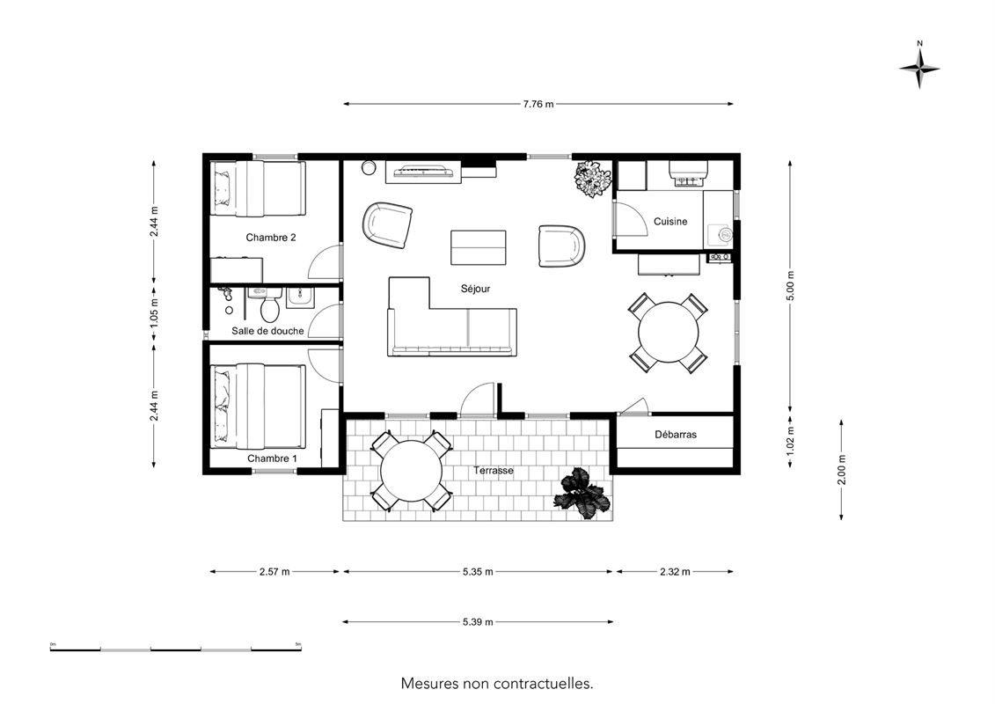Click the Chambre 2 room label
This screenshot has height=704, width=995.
pyautogui.click(x=271, y=238)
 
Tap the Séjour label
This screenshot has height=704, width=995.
pyautogui.click(x=475, y=289)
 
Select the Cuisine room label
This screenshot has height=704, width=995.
pyautogui.click(x=670, y=222)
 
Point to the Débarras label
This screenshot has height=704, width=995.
pyautogui.click(x=675, y=435)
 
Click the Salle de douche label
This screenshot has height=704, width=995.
pyautogui.click(x=267, y=331)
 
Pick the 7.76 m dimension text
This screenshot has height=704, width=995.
pyautogui.click(x=538, y=105)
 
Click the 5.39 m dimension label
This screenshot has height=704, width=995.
pyautogui.click(x=478, y=622)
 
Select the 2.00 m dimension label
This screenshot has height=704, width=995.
pyautogui.click(x=841, y=471)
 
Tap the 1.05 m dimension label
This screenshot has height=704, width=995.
pyautogui.click(x=154, y=314)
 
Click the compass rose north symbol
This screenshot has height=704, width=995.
pyautogui.click(x=919, y=68)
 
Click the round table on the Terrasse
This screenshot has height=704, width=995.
pyautogui.click(x=411, y=471)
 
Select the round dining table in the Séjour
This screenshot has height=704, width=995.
pyautogui.click(x=669, y=333)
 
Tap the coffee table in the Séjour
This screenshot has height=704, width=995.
pyautogui.click(x=479, y=247)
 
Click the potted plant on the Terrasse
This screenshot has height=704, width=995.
pyautogui.click(x=582, y=494)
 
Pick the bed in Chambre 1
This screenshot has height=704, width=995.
pyautogui.click(x=258, y=406)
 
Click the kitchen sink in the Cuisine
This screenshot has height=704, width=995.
pyautogui.click(x=723, y=233)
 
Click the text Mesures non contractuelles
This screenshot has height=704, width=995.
pyautogui.click(x=497, y=684)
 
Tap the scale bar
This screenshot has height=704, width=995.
pyautogui.click(x=176, y=649)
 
